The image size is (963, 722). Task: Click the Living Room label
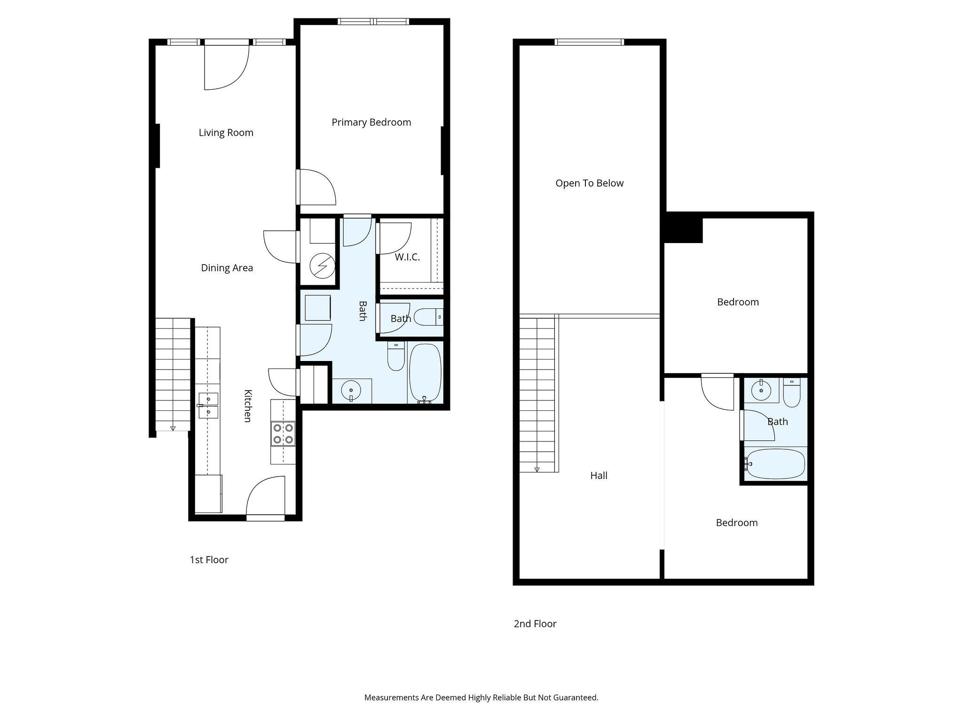pos(226,133)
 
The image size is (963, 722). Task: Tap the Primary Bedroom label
pos(371,122)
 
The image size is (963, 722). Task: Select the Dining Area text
pos(227,268)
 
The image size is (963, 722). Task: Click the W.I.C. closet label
pos(407,257)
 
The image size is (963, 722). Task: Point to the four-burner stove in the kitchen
pos(283,434)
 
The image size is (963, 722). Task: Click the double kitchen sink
pos(208,406)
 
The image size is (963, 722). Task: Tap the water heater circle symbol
pos(322,267)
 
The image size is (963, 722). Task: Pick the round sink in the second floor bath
pos(761,390)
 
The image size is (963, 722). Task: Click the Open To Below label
pos(589,183)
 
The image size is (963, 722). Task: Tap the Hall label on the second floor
pos(599,476)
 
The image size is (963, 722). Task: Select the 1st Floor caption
pos(209,560)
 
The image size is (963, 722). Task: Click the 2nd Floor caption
pos(535,624)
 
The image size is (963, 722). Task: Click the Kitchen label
pos(247,406)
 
